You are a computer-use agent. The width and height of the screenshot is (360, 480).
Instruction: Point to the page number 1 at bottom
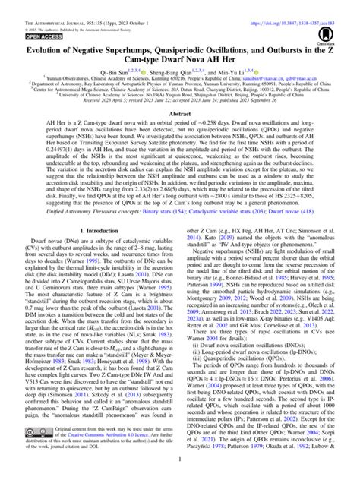coord(180,473)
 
